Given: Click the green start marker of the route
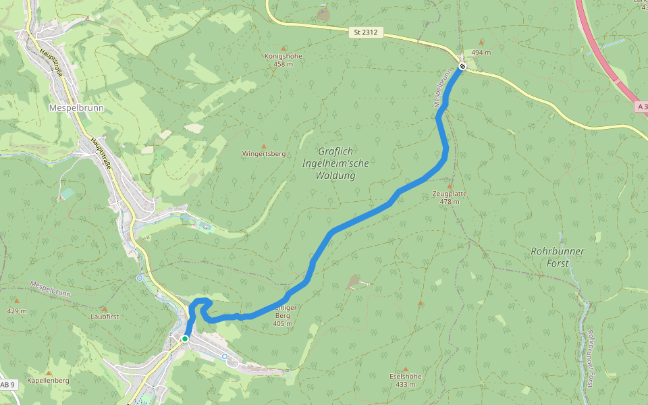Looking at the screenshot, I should (185, 338).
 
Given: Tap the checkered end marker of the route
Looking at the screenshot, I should (462, 66).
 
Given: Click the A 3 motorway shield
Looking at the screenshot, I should (642, 107).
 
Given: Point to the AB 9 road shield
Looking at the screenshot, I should (7, 384).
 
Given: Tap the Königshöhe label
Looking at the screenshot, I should (283, 56).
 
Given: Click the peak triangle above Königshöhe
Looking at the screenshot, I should (283, 48).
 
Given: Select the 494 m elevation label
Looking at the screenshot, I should (481, 52).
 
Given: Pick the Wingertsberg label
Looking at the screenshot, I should (264, 154).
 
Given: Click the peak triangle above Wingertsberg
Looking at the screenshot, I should (264, 146).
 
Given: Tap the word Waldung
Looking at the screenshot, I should (335, 175).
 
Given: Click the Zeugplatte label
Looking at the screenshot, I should (450, 193).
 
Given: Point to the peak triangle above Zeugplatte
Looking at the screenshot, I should (450, 185).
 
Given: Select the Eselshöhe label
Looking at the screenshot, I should (406, 376).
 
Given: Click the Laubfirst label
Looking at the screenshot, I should (105, 316).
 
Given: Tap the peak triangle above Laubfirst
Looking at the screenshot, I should (105, 308).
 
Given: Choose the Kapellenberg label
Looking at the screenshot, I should (49, 381).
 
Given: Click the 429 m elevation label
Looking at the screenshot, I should (17, 310).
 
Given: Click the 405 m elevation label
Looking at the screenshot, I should (283, 323).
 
